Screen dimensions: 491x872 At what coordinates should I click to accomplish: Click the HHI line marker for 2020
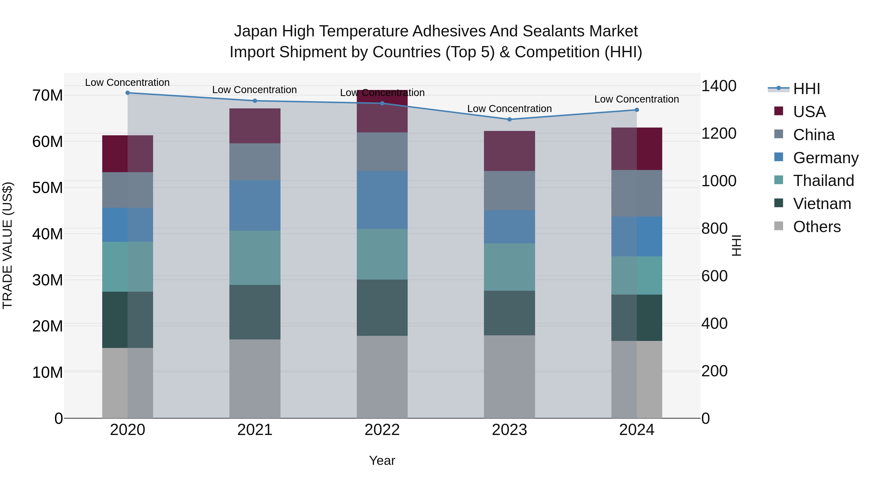pyautogui.click(x=128, y=93)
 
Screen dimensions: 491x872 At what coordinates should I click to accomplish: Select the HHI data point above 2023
pyautogui.click(x=509, y=119)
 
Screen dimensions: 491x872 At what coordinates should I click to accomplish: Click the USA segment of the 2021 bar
pyautogui.click(x=255, y=126)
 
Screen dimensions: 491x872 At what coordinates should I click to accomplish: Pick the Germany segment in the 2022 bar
pyautogui.click(x=382, y=200)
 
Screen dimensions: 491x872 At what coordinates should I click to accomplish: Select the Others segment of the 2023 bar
pyautogui.click(x=509, y=377)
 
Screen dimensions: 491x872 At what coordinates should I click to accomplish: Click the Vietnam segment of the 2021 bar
pyautogui.click(x=255, y=312)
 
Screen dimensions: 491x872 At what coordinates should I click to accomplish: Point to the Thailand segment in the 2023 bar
pyautogui.click(x=509, y=267)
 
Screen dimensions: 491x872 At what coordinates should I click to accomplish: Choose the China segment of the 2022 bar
pyautogui.click(x=382, y=152)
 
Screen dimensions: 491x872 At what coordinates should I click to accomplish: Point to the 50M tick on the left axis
pyautogui.click(x=47, y=188)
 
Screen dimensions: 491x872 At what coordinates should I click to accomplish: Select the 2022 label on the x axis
pyautogui.click(x=382, y=430)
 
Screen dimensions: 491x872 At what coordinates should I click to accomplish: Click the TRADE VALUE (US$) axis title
pyautogui.click(x=8, y=245)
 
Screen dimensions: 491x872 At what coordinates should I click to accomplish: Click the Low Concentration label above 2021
pyautogui.click(x=255, y=90)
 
